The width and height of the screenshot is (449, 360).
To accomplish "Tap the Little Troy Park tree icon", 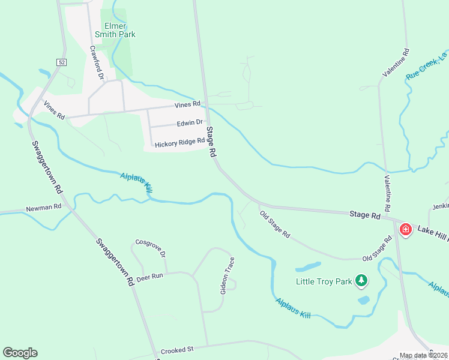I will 361,280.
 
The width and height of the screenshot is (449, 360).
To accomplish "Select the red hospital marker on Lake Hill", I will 406,230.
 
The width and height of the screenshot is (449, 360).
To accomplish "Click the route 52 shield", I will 62,62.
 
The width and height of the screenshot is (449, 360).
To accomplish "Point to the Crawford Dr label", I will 97,63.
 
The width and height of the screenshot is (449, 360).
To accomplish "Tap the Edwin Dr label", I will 190,123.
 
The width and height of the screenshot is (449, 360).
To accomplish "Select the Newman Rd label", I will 44,208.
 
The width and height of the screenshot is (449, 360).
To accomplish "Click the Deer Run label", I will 149,277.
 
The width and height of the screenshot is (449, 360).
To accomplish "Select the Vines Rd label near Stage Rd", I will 187,104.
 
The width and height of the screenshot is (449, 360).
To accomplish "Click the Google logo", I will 20,353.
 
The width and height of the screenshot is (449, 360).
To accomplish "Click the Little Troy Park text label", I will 324,280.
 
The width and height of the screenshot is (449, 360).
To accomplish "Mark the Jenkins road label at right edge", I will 440,206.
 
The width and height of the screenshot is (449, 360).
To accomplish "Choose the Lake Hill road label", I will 432,230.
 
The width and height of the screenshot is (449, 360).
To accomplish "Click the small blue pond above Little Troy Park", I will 308,266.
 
